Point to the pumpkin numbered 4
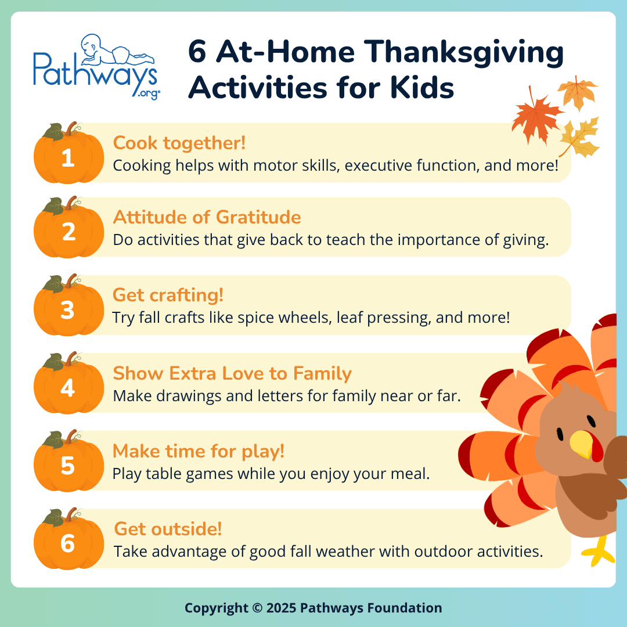coord(68,385)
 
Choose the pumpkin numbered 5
coord(68,463)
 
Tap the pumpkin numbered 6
coord(68,541)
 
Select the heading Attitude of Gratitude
coord(207,217)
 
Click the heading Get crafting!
coord(168,295)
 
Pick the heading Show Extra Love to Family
coord(232,373)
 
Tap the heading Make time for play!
coord(199,451)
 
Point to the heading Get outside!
coord(168,529)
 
